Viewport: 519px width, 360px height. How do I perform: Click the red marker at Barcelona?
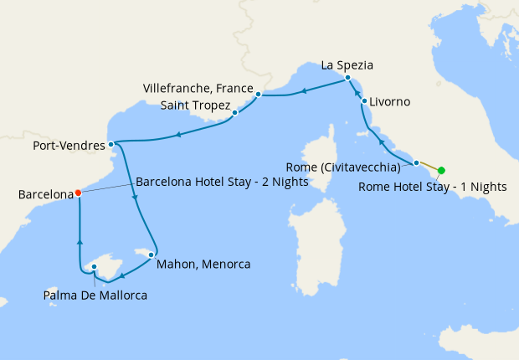[x=78, y=192]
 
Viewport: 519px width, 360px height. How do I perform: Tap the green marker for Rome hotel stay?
[x=441, y=170]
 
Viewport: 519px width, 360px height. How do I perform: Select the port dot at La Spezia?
[x=348, y=78]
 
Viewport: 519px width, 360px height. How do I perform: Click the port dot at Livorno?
[x=364, y=101]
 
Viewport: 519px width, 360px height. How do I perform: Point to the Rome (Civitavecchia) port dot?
[x=416, y=162]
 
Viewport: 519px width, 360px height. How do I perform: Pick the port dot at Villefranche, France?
[x=259, y=95]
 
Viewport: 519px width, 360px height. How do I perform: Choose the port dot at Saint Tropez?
[x=234, y=112]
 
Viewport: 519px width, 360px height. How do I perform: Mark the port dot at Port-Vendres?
[x=111, y=144]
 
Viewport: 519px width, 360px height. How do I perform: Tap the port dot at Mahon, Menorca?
[x=152, y=255]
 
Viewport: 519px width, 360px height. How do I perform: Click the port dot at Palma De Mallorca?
[x=95, y=267]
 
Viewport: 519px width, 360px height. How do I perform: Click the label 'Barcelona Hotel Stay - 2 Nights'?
[x=216, y=180]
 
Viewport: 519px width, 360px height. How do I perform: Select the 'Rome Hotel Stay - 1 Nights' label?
[x=432, y=187]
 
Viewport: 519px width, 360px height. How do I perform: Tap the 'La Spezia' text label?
[x=347, y=64]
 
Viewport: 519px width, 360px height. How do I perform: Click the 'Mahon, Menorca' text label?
[x=203, y=264]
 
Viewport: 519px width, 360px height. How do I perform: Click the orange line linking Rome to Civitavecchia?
[x=429, y=167]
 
